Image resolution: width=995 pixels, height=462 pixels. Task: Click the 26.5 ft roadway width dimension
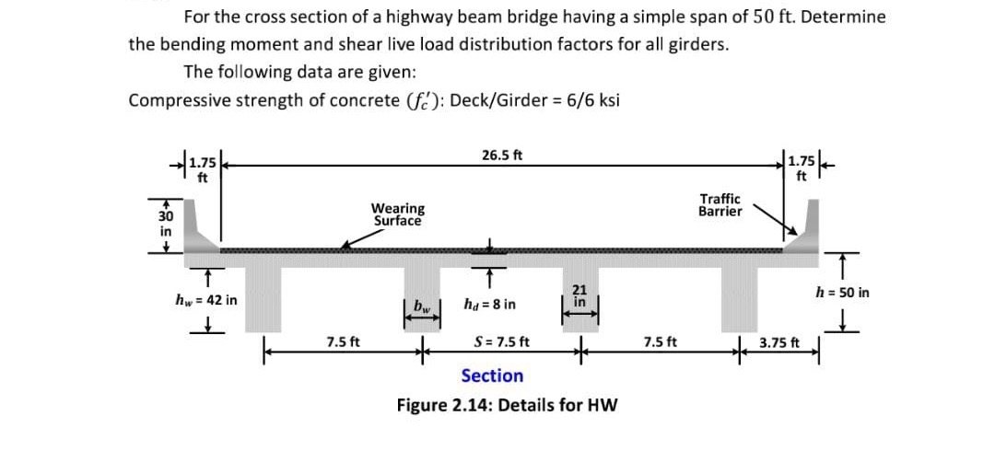pyautogui.click(x=502, y=155)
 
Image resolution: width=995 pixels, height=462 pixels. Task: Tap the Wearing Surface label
pyautogui.click(x=398, y=214)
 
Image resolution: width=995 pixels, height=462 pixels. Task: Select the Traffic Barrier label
pyautogui.click(x=720, y=205)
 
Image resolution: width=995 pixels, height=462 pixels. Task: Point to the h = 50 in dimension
pyautogui.click(x=843, y=293)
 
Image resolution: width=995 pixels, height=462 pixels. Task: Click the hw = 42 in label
pyautogui.click(x=206, y=299)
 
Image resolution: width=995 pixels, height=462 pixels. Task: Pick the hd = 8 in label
pyautogui.click(x=489, y=305)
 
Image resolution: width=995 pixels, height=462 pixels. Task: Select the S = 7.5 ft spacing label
pyautogui.click(x=501, y=342)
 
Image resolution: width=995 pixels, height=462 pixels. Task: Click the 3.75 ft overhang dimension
pyautogui.click(x=780, y=343)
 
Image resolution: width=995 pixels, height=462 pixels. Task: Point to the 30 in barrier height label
pyautogui.click(x=165, y=224)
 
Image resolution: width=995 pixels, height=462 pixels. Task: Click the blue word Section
pyautogui.click(x=492, y=375)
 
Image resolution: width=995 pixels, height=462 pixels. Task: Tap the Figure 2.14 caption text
pyautogui.click(x=507, y=405)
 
